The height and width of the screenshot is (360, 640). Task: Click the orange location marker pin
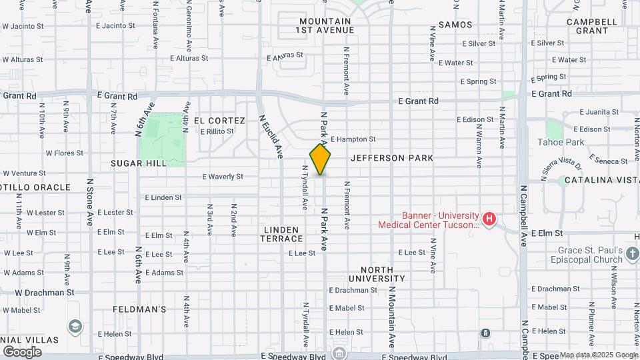320,159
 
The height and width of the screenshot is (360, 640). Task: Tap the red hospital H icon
489,219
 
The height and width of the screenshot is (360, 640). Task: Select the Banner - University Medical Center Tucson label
428,220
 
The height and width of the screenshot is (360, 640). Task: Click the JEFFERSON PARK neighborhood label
392,158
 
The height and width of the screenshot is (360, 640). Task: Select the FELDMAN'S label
139,309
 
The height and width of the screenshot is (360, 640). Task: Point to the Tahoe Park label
561,142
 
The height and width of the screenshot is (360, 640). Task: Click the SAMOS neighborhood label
456,25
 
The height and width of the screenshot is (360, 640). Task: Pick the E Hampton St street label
353,139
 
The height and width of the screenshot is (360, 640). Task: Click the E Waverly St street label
223,177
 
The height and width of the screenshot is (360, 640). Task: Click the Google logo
22,351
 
